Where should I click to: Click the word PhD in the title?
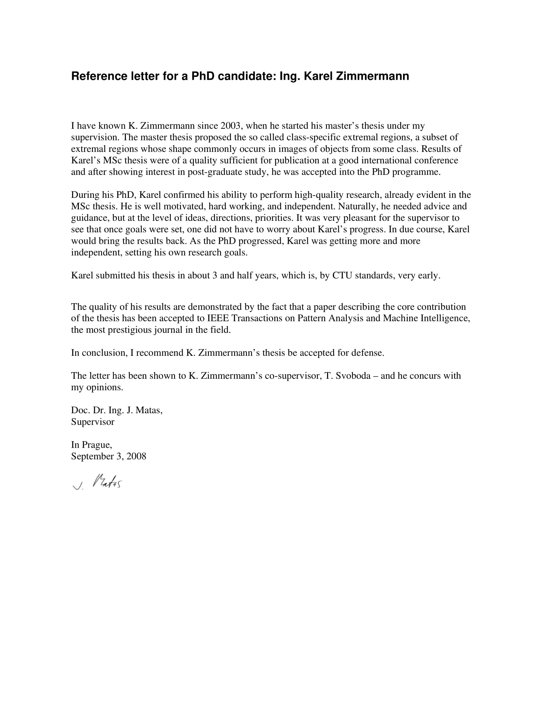click(203, 76)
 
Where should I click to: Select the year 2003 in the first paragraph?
click(230, 126)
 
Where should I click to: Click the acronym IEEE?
click(218, 318)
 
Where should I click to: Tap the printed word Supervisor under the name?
click(93, 422)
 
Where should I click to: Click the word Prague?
click(96, 445)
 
